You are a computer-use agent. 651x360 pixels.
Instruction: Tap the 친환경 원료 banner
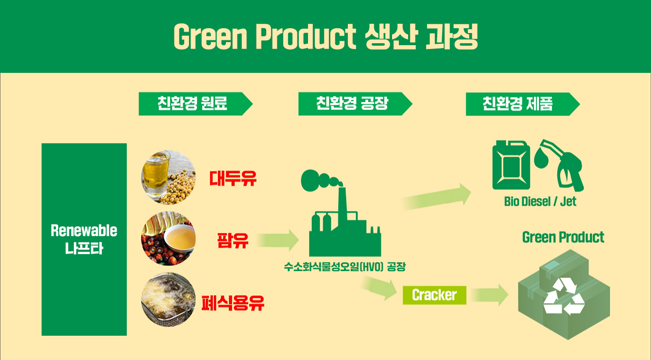click(x=195, y=104)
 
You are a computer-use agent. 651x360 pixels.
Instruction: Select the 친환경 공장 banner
click(x=355, y=104)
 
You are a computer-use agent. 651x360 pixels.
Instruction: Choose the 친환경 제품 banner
click(x=523, y=104)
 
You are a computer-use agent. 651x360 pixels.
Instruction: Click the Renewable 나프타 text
click(x=84, y=240)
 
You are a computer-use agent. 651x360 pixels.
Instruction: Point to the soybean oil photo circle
click(x=168, y=177)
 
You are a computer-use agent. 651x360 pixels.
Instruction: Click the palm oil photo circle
click(x=168, y=238)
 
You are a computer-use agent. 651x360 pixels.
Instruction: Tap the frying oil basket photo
click(x=168, y=299)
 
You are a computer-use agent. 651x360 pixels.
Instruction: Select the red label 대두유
click(x=233, y=178)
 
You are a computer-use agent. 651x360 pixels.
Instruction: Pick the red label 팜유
click(x=233, y=240)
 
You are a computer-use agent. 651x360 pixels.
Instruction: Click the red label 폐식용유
click(x=233, y=303)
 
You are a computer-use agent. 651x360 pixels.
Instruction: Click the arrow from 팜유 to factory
click(x=278, y=240)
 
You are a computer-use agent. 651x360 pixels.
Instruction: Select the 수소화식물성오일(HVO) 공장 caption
click(x=344, y=267)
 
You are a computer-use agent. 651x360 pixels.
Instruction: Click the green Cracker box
click(x=434, y=295)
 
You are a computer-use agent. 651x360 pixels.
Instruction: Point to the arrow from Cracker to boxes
click(x=490, y=295)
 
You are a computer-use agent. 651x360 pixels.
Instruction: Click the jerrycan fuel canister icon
click(x=511, y=165)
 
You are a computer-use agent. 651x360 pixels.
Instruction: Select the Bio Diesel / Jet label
click(x=540, y=201)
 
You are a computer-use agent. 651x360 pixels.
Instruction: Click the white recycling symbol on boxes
click(x=564, y=296)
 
